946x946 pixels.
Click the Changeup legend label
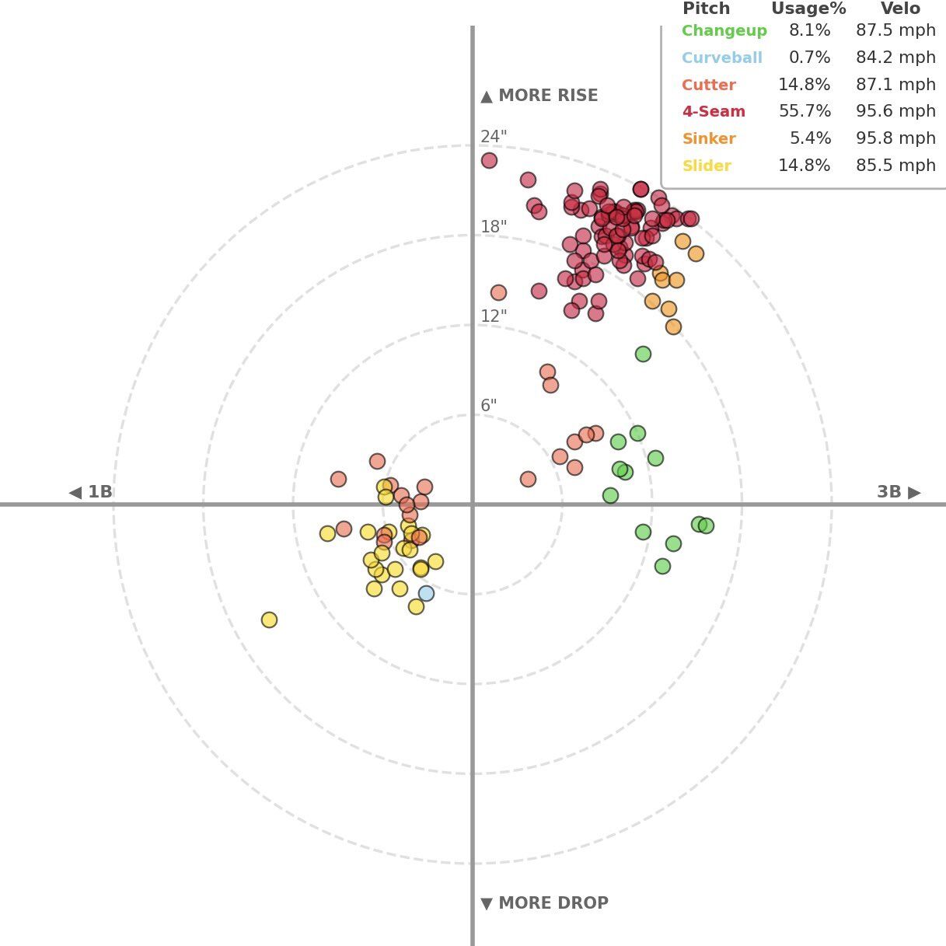pos(724,31)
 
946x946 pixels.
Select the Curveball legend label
pos(721,58)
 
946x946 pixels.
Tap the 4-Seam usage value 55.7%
pos(805,112)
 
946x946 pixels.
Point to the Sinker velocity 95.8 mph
pos(895,139)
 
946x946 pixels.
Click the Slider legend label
pos(706,166)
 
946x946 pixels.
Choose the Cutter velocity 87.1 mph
pos(895,85)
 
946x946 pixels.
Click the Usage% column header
pos(808,9)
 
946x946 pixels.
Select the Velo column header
pos(900,9)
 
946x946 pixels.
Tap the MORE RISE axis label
pos(539,96)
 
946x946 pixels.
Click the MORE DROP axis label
pos(544,903)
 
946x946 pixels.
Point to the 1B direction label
pos(91,492)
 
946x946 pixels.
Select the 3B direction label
pos(899,492)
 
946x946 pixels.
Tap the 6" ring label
pos(488,406)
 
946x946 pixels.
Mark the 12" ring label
pos(494,316)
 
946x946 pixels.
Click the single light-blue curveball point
pos(426,594)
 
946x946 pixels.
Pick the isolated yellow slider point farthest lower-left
pos(269,620)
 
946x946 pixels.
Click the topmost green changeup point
pos(643,354)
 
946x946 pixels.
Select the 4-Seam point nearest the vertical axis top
pos(489,161)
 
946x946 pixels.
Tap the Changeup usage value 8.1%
pos(809,31)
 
